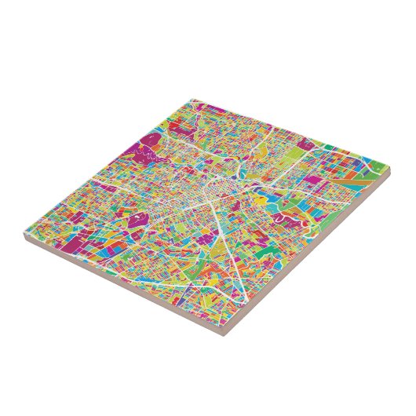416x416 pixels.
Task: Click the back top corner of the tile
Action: [x=192, y=100]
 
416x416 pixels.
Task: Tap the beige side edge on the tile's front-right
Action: [x=314, y=260]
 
